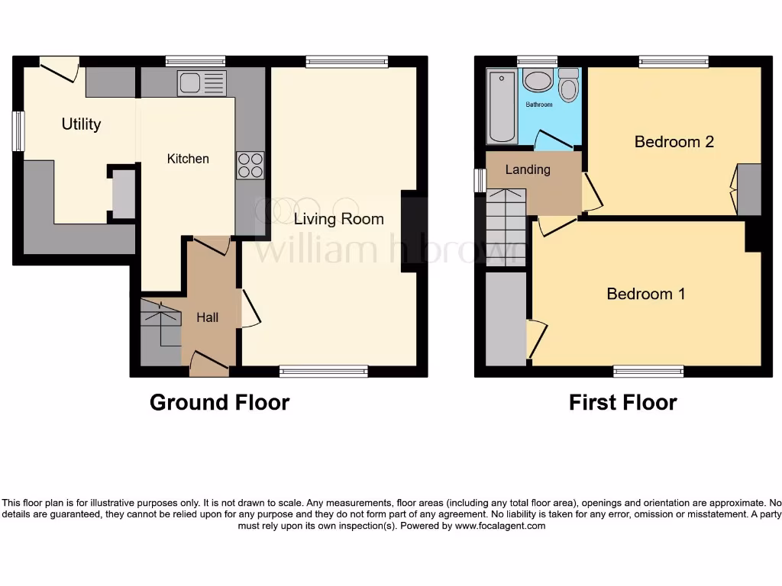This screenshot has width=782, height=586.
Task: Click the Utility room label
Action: pyautogui.click(x=81, y=124)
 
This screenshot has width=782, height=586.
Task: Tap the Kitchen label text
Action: pyautogui.click(x=188, y=159)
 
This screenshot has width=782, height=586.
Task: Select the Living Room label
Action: pyautogui.click(x=339, y=219)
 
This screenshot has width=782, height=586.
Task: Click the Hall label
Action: pyautogui.click(x=207, y=317)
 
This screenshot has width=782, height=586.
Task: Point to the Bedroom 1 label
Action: pyautogui.click(x=645, y=294)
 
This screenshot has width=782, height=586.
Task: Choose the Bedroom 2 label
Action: pyautogui.click(x=674, y=142)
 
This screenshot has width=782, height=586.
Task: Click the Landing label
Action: pyautogui.click(x=528, y=169)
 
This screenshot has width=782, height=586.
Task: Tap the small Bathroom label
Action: pyautogui.click(x=538, y=105)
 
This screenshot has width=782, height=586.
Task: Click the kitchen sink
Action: pyautogui.click(x=202, y=83)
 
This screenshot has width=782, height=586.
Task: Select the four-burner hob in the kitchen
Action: pyautogui.click(x=250, y=166)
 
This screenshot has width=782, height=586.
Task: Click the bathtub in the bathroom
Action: pyautogui.click(x=502, y=106)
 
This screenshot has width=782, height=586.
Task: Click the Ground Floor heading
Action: pyautogui.click(x=219, y=403)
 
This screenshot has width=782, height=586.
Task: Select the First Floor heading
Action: pyautogui.click(x=622, y=403)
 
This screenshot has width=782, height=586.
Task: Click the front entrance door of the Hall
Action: pyautogui.click(x=208, y=363)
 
